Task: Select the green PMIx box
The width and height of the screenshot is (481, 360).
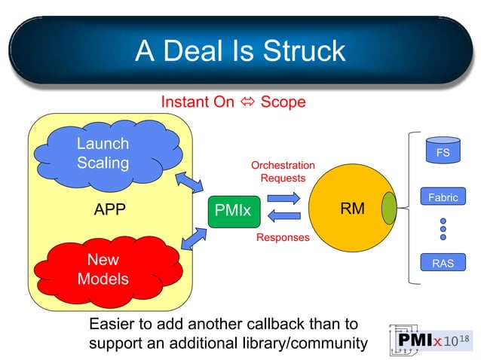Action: (x=233, y=212)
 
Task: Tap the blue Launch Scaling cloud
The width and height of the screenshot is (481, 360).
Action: (x=103, y=153)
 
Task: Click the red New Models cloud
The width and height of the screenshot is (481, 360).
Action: (x=103, y=269)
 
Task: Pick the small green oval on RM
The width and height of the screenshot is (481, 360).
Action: (x=390, y=209)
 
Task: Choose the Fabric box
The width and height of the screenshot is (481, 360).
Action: (x=443, y=197)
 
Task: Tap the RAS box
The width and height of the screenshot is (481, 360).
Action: (x=443, y=263)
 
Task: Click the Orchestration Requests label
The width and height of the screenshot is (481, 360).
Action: (x=283, y=172)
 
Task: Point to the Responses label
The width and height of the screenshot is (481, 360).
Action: (x=283, y=237)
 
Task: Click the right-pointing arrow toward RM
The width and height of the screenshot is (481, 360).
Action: (x=284, y=197)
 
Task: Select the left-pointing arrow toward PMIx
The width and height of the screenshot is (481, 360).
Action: (x=284, y=217)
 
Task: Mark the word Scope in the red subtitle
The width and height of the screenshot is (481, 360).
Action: (x=283, y=102)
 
